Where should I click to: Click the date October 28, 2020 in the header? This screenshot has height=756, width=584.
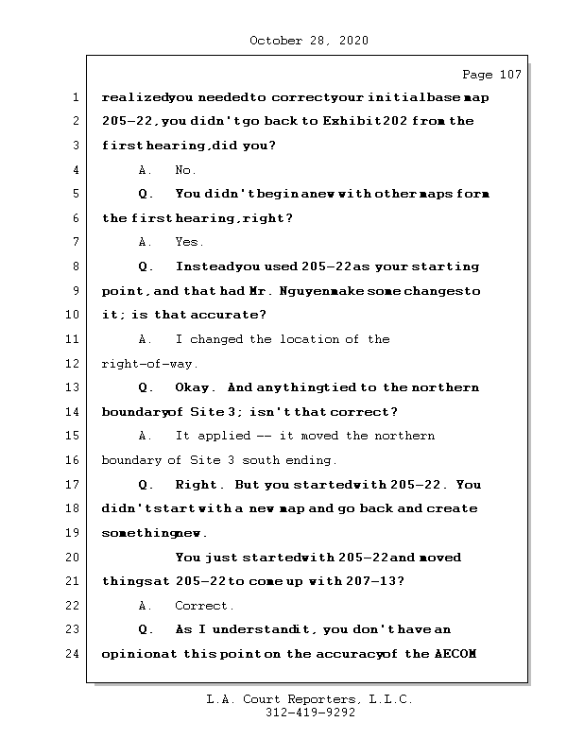tap(309, 41)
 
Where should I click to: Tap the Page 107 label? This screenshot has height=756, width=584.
tap(491, 75)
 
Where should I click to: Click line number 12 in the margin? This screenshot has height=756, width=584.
tap(76, 364)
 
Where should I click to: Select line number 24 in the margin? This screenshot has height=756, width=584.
tap(76, 654)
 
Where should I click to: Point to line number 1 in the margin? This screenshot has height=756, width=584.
tap(76, 97)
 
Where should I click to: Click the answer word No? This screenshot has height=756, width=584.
tap(186, 170)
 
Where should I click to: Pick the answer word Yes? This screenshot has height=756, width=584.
tap(189, 243)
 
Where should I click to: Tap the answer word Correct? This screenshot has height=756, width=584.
tap(204, 606)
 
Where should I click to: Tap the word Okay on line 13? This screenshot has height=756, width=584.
tap(195, 387)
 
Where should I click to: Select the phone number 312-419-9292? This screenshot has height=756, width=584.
tap(309, 713)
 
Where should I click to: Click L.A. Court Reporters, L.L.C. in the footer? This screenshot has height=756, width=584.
tap(309, 700)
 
